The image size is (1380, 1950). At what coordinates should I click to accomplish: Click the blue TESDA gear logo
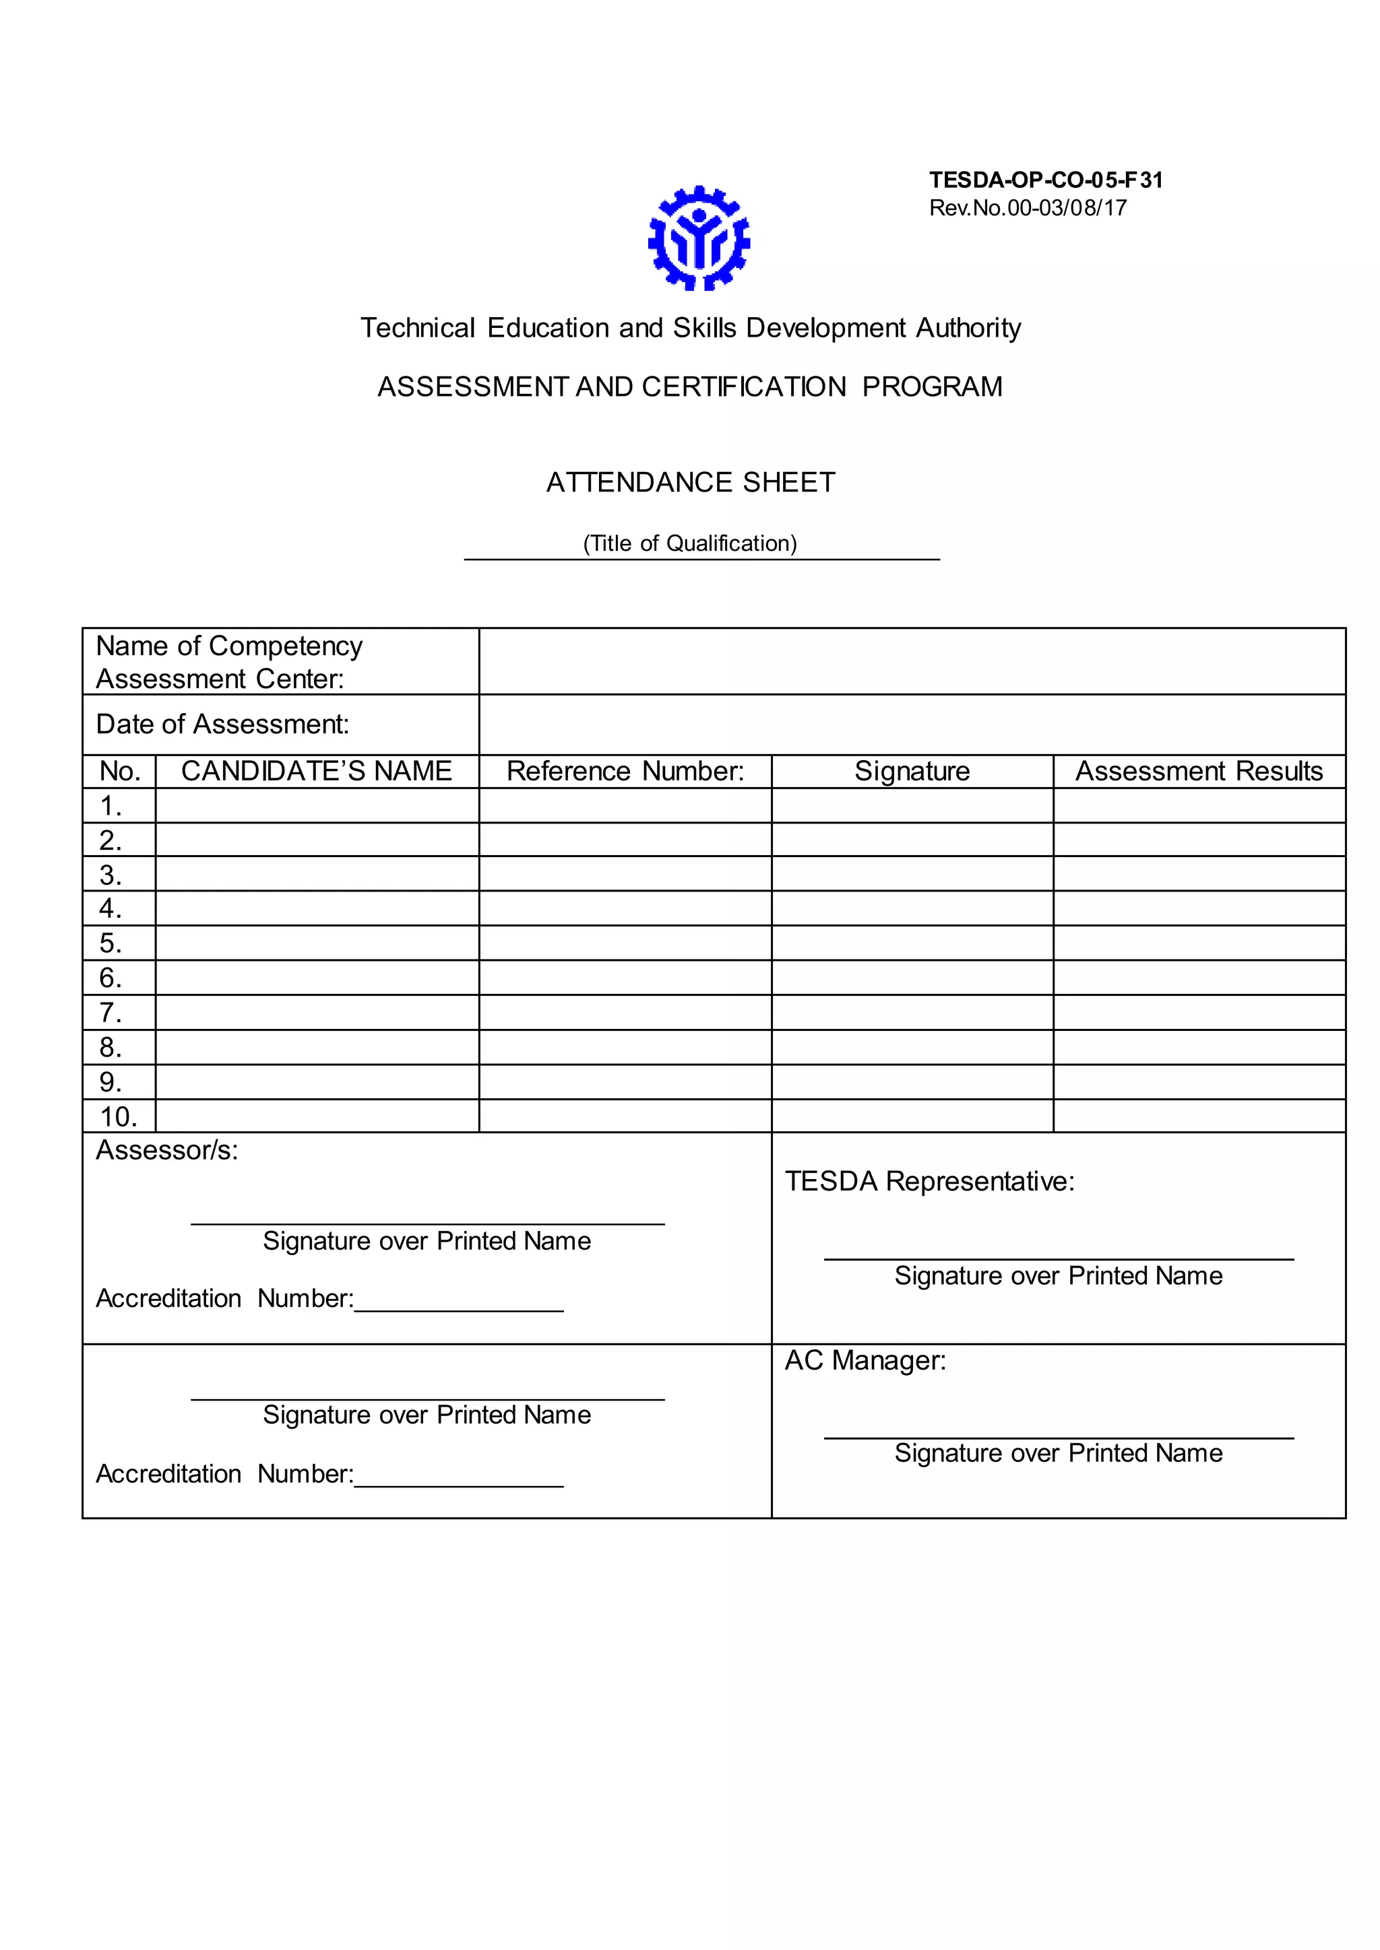[699, 238]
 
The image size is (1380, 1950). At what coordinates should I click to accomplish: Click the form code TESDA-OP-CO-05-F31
[1045, 180]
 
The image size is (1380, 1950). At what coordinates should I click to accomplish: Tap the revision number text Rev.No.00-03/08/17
[1028, 208]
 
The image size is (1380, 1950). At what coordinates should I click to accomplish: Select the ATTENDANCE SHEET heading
[690, 482]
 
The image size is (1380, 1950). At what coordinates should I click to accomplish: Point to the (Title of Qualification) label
[690, 543]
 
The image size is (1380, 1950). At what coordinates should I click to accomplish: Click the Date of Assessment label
[222, 725]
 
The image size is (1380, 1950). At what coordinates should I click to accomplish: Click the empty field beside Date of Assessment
[911, 725]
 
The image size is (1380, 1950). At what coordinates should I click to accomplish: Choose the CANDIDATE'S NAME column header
[316, 771]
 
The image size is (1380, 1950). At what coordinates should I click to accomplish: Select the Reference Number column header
[625, 771]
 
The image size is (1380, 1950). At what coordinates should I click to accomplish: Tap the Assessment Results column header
[1198, 771]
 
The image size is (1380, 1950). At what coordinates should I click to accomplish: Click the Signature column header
[912, 771]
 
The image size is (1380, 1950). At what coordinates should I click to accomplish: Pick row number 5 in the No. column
[111, 943]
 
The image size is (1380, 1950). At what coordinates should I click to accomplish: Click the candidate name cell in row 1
[316, 805]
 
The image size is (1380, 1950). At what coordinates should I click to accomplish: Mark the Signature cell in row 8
[912, 1047]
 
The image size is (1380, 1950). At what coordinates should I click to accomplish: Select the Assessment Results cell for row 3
[1198, 874]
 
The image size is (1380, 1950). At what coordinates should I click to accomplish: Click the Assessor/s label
[166, 1150]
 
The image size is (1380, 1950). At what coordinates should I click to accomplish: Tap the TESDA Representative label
[929, 1182]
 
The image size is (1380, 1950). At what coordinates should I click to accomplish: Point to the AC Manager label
[865, 1361]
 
